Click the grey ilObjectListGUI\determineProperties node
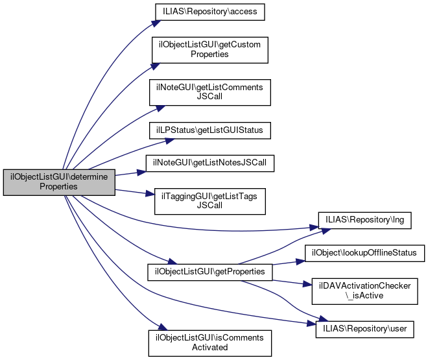[59, 182]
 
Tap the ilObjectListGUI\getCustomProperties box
[209, 50]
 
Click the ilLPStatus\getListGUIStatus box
[210, 130]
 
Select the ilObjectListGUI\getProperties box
[210, 271]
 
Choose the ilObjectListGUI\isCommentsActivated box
[209, 342]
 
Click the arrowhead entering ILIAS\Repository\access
[156, 23]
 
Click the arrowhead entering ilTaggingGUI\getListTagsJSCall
[150, 195]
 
